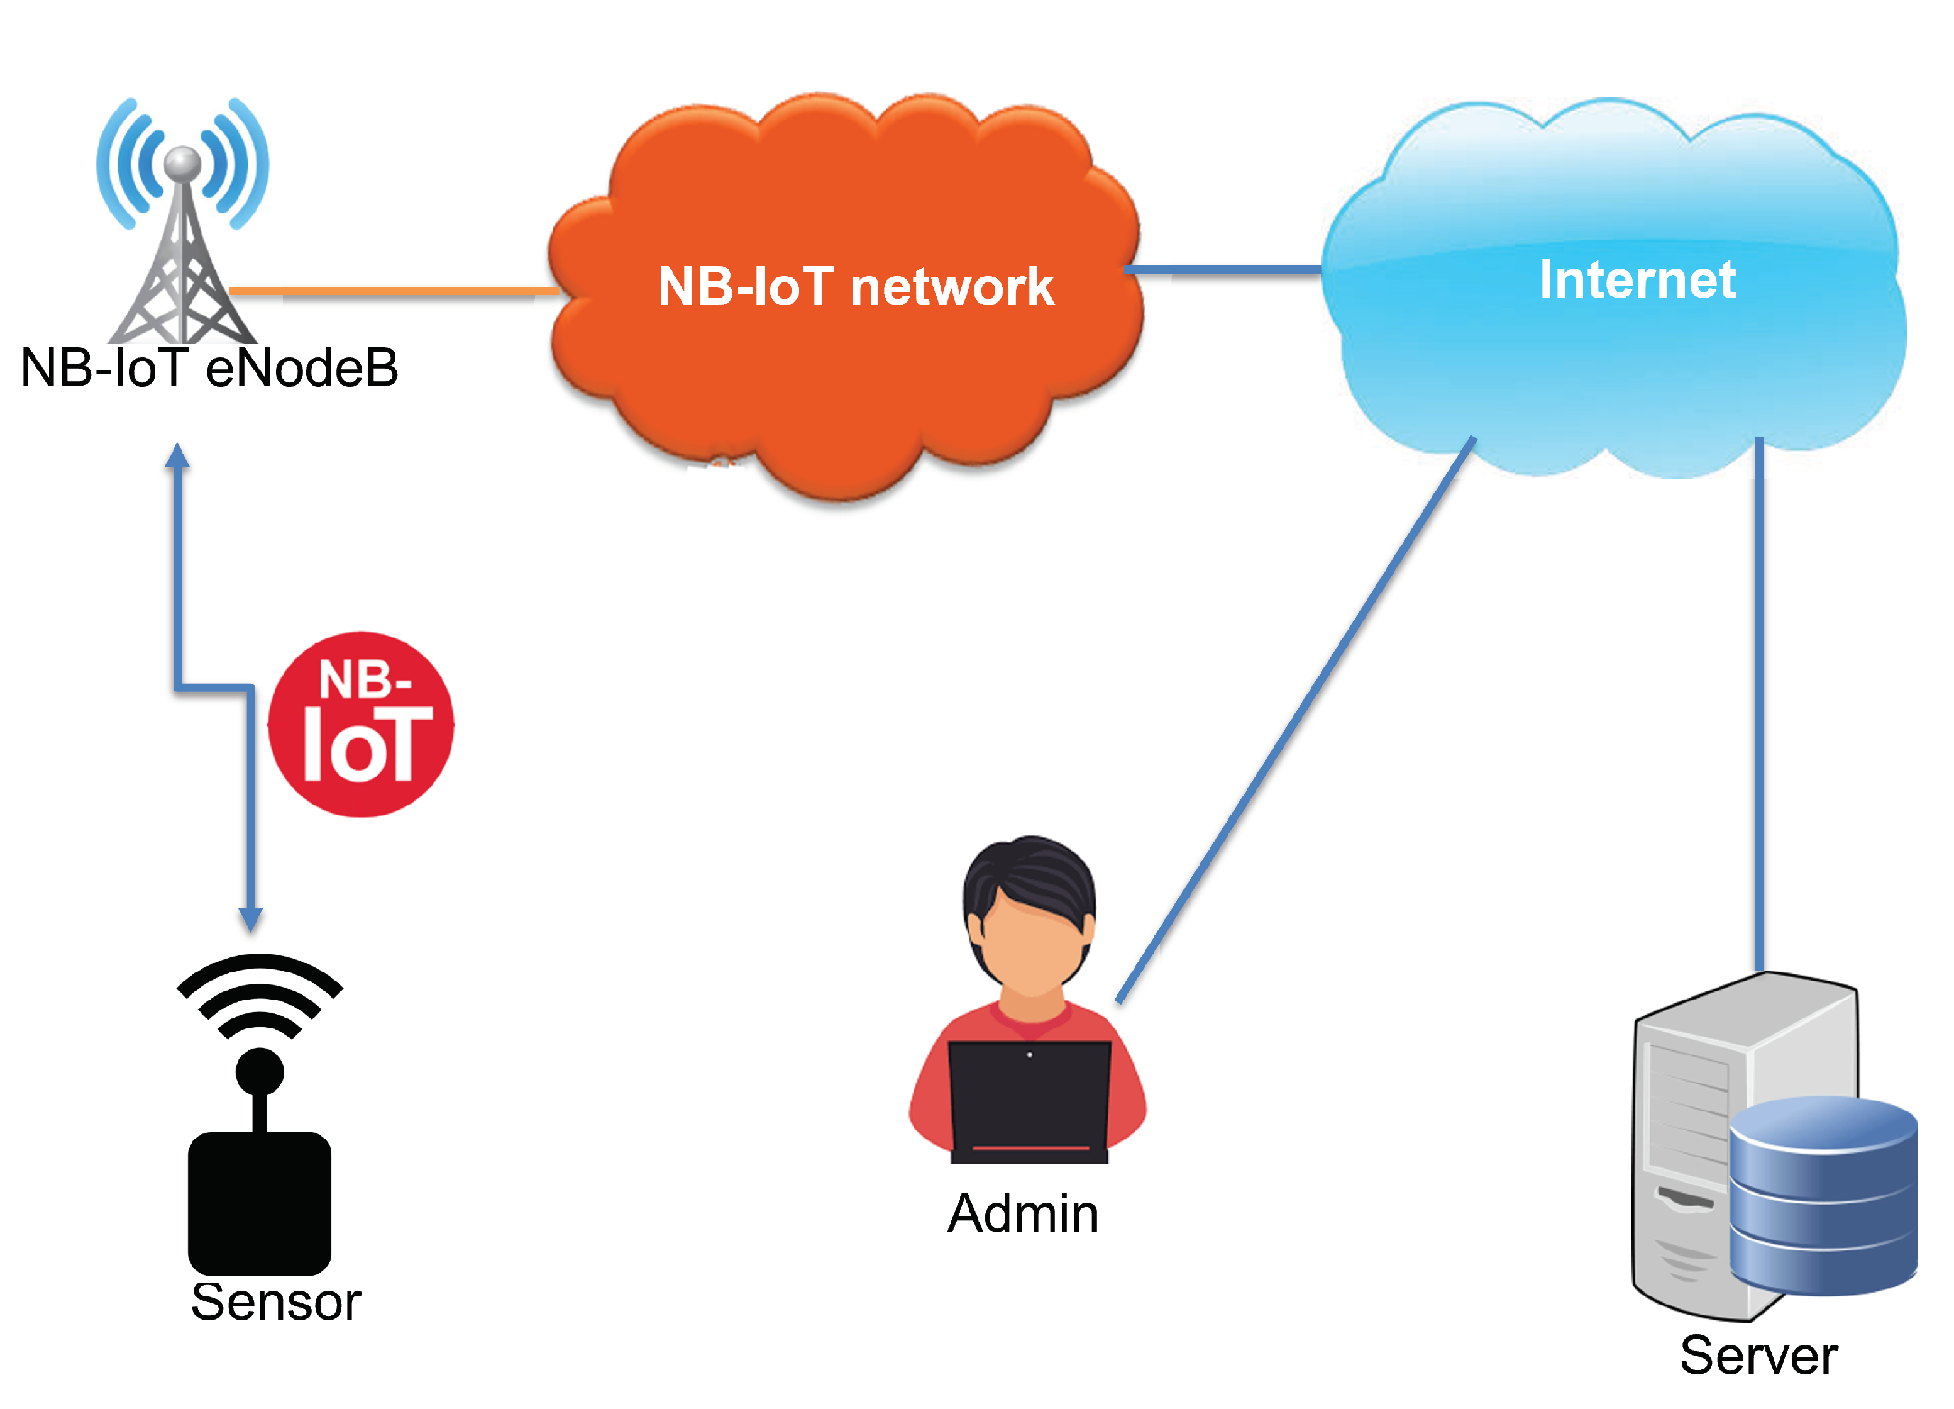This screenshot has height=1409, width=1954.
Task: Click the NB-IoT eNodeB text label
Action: (x=209, y=369)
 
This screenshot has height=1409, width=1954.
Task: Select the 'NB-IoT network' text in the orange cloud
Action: (x=856, y=287)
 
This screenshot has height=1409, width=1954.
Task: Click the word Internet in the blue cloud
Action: (x=1637, y=280)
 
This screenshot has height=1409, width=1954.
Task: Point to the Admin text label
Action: (x=1023, y=1214)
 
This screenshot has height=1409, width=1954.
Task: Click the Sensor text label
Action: (x=276, y=1302)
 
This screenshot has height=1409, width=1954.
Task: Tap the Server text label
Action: (x=1758, y=1356)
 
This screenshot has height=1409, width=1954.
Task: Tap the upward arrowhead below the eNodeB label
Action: (x=177, y=457)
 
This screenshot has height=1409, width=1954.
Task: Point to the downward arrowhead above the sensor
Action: (x=251, y=918)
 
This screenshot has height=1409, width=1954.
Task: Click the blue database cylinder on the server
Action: (x=1822, y=1198)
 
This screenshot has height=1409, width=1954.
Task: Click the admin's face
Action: (x=1030, y=948)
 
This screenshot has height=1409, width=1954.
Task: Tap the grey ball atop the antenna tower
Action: (x=183, y=163)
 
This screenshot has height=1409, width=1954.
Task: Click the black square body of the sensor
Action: (x=259, y=1202)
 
